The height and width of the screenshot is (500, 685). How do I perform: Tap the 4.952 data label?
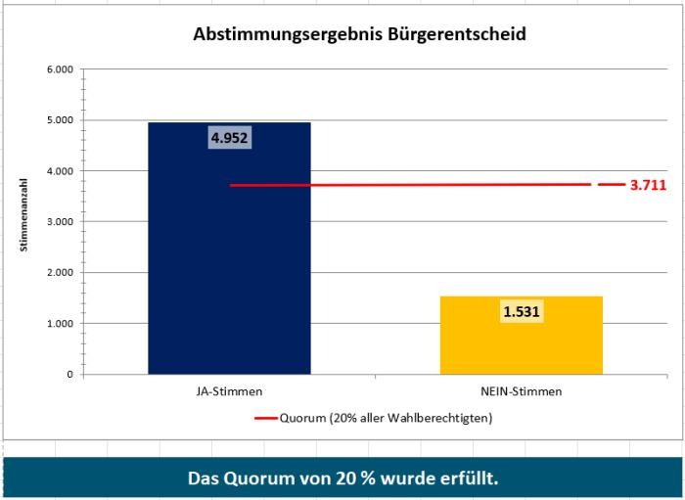click(x=230, y=138)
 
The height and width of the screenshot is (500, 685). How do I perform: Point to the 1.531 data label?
click(x=522, y=312)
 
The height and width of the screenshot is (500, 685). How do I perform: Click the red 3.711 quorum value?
click(x=648, y=184)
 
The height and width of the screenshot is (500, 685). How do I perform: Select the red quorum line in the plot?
click(x=411, y=184)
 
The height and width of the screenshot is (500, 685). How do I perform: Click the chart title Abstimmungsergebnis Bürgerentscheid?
click(x=360, y=34)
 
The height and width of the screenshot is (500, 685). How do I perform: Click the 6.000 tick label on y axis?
click(x=60, y=69)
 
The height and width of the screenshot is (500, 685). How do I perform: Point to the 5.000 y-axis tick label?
click(x=60, y=120)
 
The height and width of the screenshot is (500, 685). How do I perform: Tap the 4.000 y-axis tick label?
click(x=60, y=171)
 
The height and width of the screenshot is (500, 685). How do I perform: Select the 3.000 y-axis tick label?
click(x=60, y=222)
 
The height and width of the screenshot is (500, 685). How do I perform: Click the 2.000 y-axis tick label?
click(x=60, y=273)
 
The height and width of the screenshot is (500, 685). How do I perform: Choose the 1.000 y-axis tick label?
click(x=60, y=324)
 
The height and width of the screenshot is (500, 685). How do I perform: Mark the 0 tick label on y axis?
click(x=69, y=375)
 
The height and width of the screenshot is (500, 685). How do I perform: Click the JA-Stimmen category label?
click(x=229, y=391)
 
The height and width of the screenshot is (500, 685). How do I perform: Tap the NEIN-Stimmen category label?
click(x=521, y=391)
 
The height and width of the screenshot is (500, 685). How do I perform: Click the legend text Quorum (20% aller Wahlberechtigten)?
click(x=386, y=418)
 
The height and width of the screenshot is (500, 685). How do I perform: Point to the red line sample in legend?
click(x=265, y=418)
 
